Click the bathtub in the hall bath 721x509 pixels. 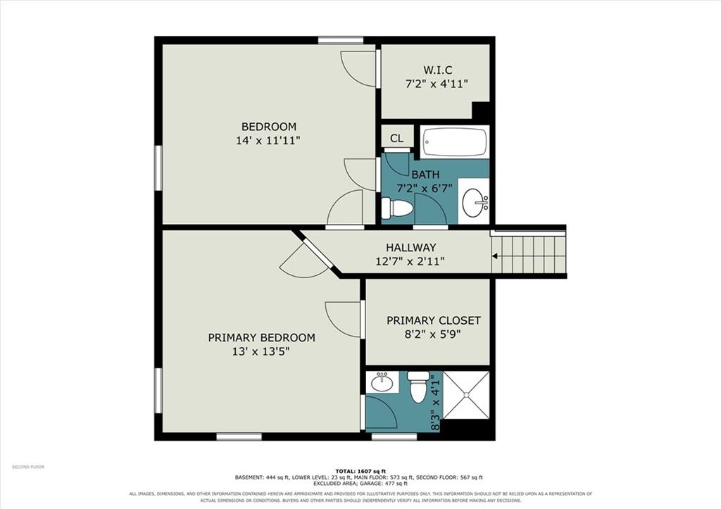[x=455, y=142]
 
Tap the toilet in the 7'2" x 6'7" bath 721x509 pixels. [x=397, y=208]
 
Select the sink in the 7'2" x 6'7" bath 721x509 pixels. [x=475, y=202]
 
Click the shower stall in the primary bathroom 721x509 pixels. [x=466, y=395]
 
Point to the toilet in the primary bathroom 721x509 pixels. [x=418, y=387]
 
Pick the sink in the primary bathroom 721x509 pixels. [x=382, y=382]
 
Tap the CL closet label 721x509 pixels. [x=396, y=138]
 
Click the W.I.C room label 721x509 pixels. [x=437, y=70]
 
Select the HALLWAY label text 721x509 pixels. [x=410, y=247]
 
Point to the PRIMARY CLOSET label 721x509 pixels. [x=433, y=320]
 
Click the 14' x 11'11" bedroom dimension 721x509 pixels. [x=268, y=140]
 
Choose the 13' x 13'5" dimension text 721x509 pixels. [x=261, y=352]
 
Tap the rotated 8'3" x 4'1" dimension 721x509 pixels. [x=435, y=402]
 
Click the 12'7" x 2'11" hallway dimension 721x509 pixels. [x=410, y=262]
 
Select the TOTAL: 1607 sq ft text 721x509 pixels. [x=360, y=471]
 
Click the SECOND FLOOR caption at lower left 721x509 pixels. [x=28, y=467]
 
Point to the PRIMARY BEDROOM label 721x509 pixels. [x=261, y=337]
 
